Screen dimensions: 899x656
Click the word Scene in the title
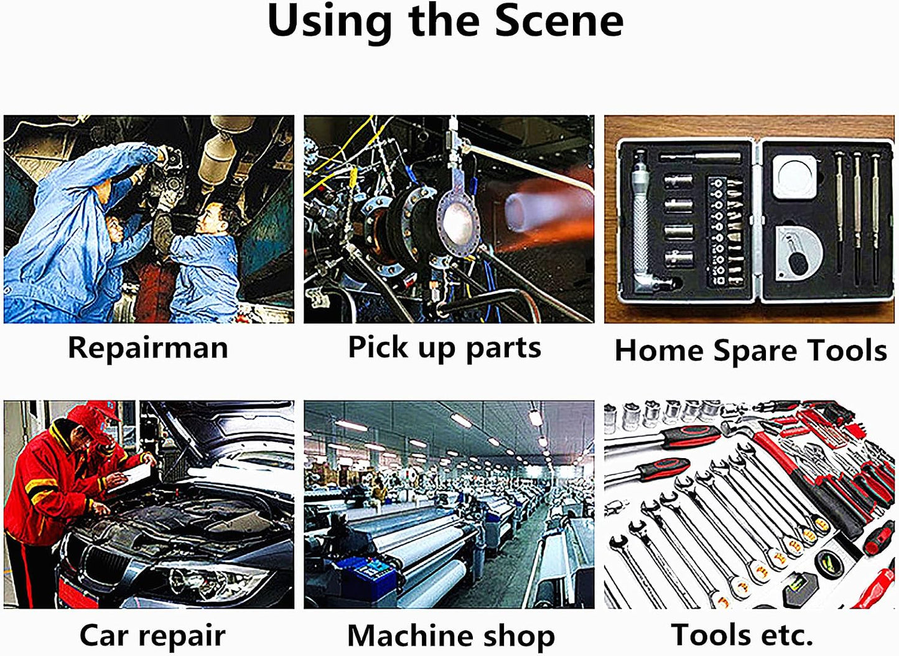tap(559, 21)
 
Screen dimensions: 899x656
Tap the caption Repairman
tap(148, 348)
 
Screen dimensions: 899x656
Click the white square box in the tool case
tap(794, 177)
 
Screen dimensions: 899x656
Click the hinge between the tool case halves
tap(757, 221)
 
